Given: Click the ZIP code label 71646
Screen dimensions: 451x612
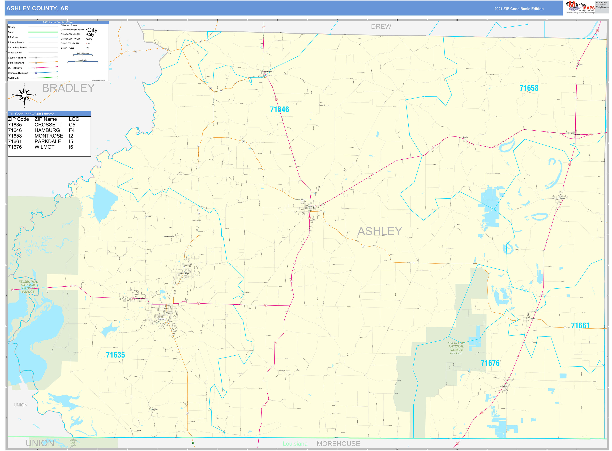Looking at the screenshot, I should coord(279,109).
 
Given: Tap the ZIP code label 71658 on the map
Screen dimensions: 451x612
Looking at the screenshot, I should coord(529,88).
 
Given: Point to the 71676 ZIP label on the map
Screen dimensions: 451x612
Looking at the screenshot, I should coord(490,363).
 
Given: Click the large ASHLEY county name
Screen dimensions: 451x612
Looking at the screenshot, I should coord(380,231).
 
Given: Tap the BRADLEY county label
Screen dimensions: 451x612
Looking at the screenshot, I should coord(68,88).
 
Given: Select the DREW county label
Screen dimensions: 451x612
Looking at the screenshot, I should coord(381,27).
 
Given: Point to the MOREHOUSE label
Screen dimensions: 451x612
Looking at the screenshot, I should coord(338,444).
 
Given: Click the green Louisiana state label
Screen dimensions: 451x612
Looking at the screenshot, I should coord(295,444).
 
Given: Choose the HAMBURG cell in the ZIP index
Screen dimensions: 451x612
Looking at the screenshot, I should coord(47,130).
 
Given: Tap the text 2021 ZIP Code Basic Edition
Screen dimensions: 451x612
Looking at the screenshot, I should coord(519,9).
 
